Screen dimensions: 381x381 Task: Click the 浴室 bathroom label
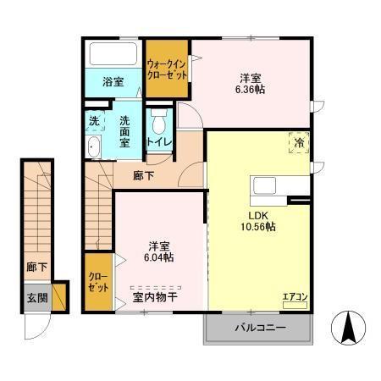(113, 82)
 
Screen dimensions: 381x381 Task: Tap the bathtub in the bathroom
(114, 56)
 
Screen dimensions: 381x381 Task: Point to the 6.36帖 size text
(250, 88)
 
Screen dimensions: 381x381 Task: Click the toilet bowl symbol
(157, 119)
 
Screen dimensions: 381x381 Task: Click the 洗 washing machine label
(95, 121)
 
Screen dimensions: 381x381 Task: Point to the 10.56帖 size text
(258, 226)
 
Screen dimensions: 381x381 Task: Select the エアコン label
(295, 297)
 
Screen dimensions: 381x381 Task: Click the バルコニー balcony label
(258, 328)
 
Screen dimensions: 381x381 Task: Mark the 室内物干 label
(152, 297)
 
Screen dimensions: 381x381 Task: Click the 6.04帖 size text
(157, 257)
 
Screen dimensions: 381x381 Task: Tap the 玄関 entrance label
(36, 297)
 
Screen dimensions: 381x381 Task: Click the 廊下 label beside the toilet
(144, 176)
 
